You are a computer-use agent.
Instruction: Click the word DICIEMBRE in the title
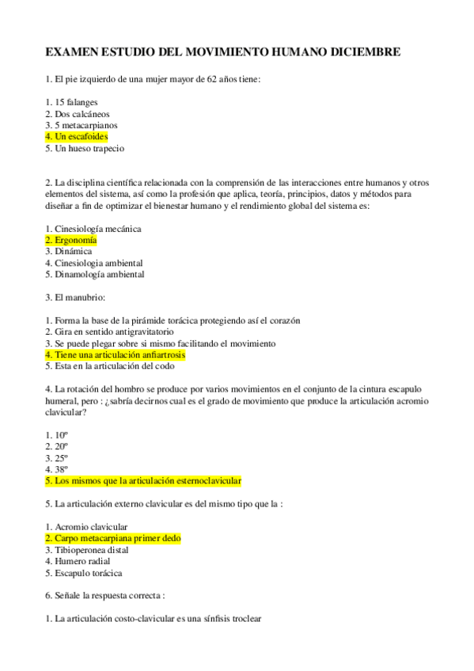pyautogui.click(x=361, y=52)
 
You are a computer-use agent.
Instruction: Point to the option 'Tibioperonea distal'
pyautogui.click(x=91, y=549)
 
